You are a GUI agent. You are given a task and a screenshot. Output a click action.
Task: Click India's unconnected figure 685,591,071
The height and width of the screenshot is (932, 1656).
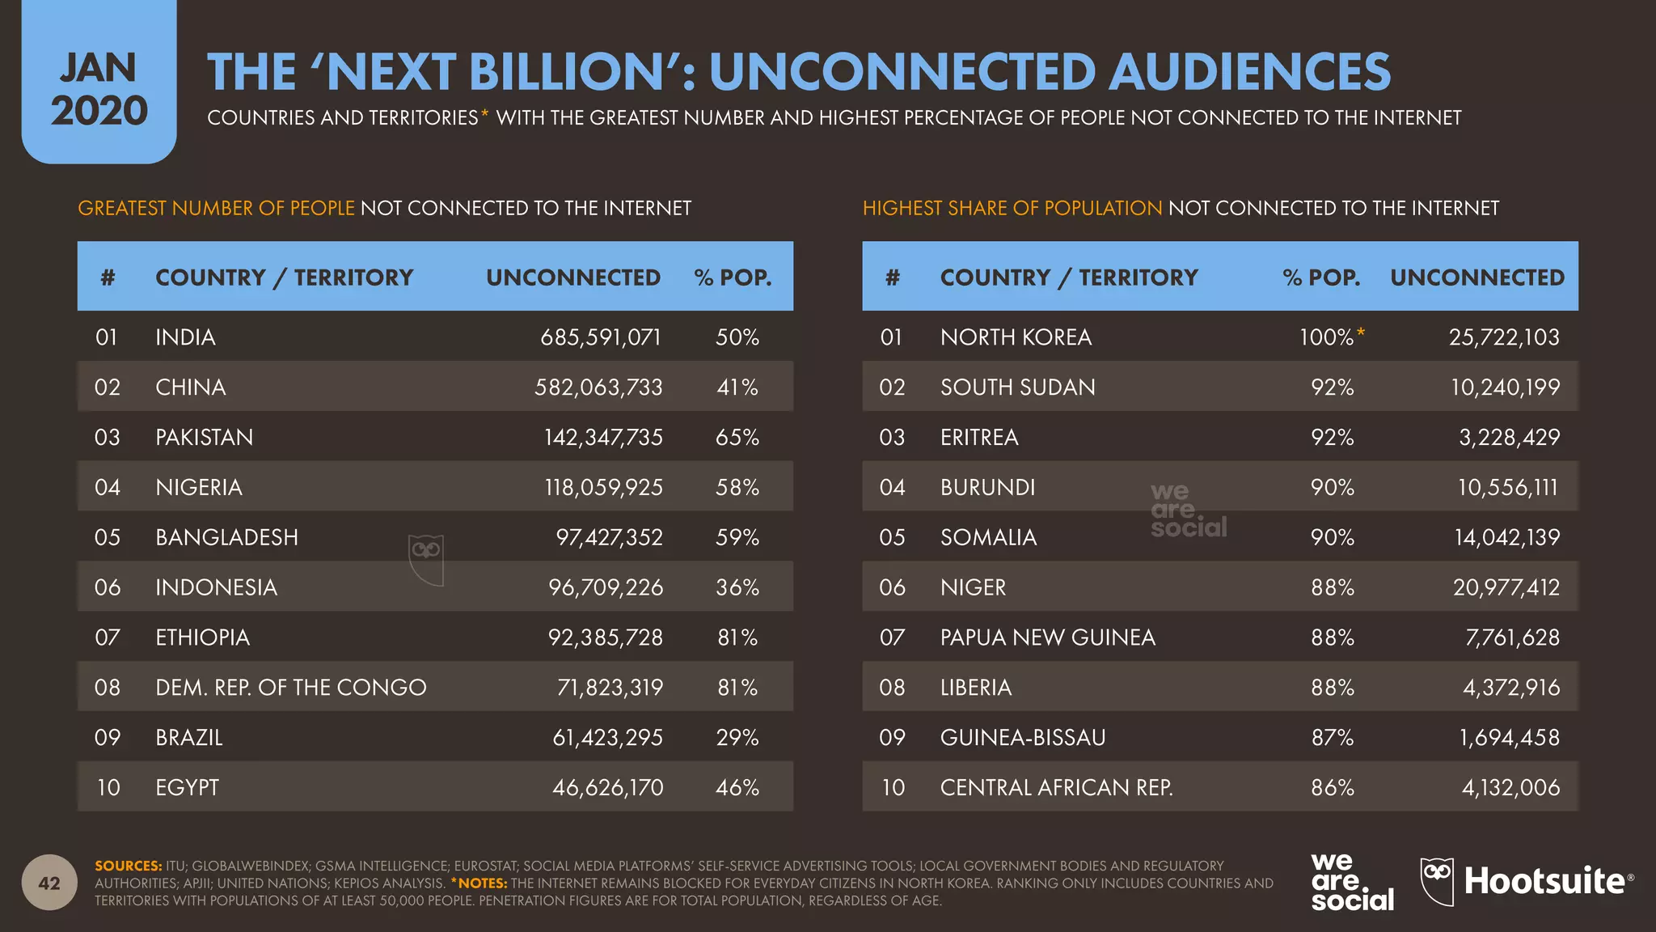(x=600, y=337)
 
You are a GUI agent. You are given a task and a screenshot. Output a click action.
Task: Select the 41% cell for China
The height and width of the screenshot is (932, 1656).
(x=737, y=388)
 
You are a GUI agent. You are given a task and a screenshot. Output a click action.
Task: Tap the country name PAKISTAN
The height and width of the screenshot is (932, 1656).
(x=204, y=438)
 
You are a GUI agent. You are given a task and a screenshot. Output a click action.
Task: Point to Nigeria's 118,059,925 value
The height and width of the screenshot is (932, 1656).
(x=603, y=488)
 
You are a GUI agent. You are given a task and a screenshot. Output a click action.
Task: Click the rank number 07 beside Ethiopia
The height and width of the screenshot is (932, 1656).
(x=107, y=638)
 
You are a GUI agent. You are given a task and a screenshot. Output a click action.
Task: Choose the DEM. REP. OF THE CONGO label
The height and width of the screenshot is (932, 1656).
(x=290, y=688)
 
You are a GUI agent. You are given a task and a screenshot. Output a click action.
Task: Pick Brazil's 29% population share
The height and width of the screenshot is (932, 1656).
(x=737, y=738)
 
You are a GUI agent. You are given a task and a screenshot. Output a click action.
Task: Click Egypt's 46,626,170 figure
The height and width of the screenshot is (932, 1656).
(x=607, y=788)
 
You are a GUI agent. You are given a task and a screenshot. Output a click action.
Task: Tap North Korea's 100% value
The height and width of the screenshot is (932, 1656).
(x=1326, y=337)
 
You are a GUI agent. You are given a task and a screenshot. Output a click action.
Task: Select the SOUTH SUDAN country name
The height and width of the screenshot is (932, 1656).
(x=1017, y=388)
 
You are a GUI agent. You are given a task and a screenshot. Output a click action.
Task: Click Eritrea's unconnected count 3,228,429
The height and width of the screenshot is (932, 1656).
(x=1509, y=438)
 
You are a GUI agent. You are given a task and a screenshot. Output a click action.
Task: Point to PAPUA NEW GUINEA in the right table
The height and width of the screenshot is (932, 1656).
(x=1047, y=638)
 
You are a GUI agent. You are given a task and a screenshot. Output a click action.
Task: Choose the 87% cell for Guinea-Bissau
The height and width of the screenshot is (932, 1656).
(x=1332, y=738)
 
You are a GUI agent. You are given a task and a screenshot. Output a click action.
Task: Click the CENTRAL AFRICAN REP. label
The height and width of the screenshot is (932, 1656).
(x=1056, y=788)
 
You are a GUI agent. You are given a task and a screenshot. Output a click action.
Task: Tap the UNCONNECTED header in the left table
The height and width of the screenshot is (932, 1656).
(x=572, y=277)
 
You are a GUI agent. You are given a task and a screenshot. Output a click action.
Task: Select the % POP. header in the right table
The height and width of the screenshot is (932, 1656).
(x=1320, y=277)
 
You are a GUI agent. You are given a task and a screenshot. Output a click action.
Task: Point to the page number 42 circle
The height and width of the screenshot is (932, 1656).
(x=49, y=883)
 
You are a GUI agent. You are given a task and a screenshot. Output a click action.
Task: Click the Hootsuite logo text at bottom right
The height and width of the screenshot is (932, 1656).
(x=1544, y=882)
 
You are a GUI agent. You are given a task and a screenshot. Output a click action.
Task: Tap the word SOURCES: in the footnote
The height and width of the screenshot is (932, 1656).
(x=128, y=866)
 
